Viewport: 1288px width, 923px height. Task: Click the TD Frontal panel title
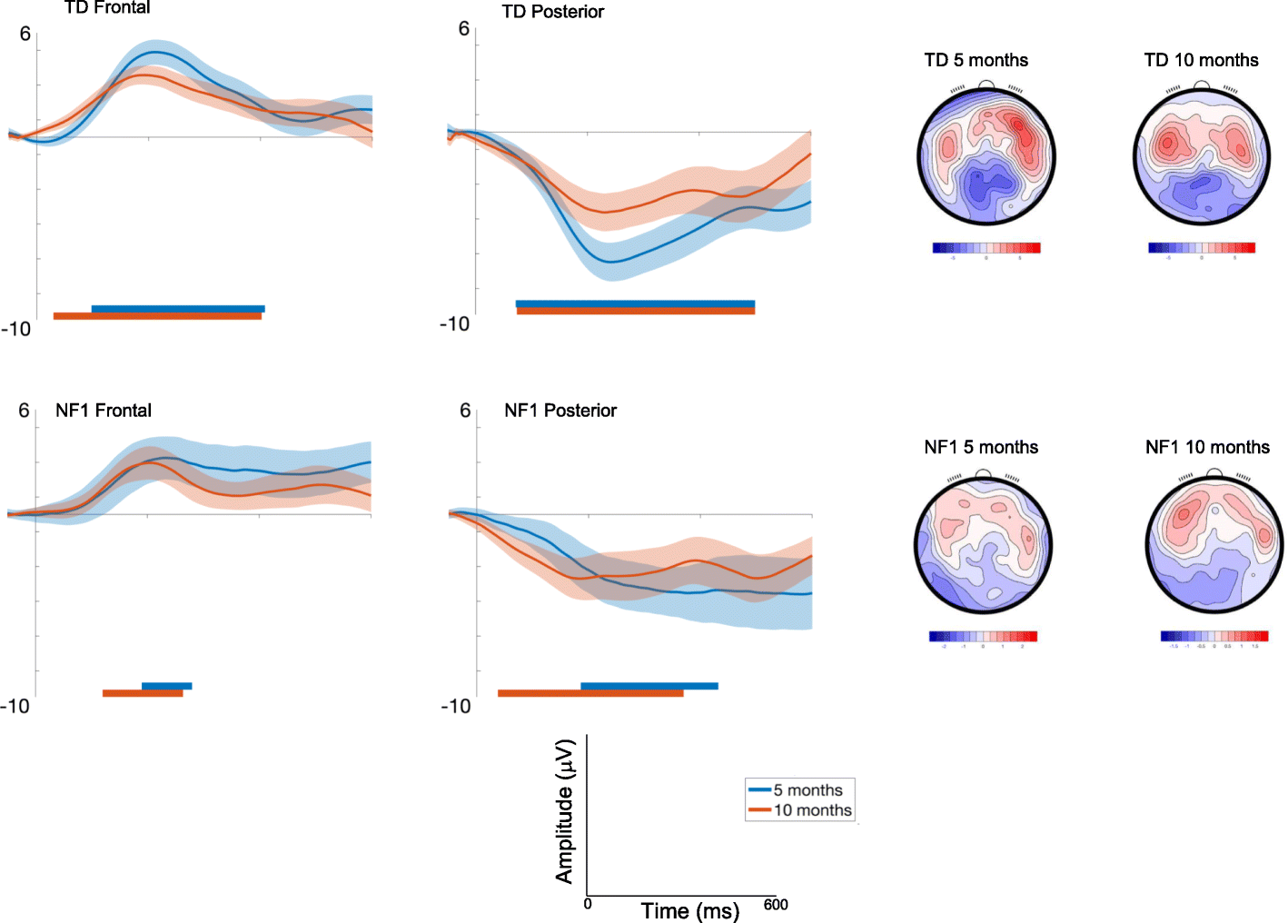point(107,8)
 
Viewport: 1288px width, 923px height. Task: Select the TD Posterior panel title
point(552,12)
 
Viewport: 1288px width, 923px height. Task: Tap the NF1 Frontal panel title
point(104,411)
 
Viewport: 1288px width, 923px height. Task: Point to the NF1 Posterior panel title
point(560,411)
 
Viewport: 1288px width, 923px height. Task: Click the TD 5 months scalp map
point(986,156)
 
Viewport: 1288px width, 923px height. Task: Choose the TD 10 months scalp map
point(1201,156)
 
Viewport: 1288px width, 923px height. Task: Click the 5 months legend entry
point(807,790)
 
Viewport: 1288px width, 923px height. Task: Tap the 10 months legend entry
point(812,810)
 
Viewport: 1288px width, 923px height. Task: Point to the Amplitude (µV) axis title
point(565,811)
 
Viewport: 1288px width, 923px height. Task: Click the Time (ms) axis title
point(689,911)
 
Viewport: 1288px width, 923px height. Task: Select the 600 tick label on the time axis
point(776,905)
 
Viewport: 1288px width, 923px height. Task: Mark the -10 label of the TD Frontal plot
point(15,329)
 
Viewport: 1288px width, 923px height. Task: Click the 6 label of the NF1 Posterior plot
point(465,411)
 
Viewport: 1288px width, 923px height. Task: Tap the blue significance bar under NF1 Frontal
point(166,686)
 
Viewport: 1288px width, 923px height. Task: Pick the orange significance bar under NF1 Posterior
point(590,693)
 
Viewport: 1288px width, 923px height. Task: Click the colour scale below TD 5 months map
point(986,248)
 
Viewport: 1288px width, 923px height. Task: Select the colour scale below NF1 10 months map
point(1214,636)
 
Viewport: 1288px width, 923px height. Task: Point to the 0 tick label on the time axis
point(588,905)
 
